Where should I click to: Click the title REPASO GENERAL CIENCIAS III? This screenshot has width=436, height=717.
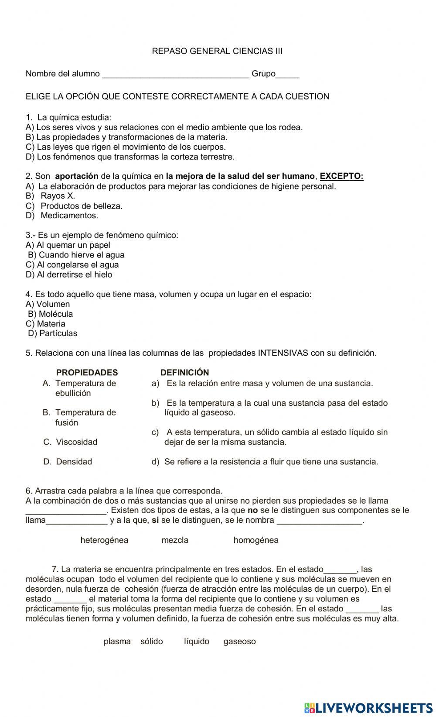(217, 51)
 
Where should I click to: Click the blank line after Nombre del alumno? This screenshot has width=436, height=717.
(175, 74)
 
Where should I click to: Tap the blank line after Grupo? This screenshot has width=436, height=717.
(287, 74)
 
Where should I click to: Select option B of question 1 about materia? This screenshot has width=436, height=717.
(126, 137)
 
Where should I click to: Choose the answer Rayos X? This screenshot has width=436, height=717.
(58, 196)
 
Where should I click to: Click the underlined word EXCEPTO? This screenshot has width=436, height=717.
(341, 176)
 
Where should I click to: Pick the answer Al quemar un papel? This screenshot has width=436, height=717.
(68, 245)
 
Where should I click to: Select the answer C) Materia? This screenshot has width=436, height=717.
(45, 324)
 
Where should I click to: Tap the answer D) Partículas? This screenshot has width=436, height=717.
(52, 333)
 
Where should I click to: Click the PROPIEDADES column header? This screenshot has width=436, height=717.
(87, 373)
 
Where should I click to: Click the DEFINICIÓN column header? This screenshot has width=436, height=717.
(184, 373)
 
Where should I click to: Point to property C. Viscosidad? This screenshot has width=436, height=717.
(71, 442)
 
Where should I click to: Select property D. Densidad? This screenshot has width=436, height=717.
(68, 462)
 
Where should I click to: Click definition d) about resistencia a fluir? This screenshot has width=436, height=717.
(265, 462)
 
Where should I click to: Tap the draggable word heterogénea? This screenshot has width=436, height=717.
(104, 540)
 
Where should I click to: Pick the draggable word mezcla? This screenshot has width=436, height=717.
(175, 540)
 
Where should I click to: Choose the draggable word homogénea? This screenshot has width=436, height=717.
(256, 540)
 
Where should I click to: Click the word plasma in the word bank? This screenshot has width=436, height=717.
(117, 642)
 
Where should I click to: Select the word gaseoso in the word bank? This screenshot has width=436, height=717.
(239, 642)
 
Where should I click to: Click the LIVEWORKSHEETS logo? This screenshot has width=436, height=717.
(368, 708)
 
